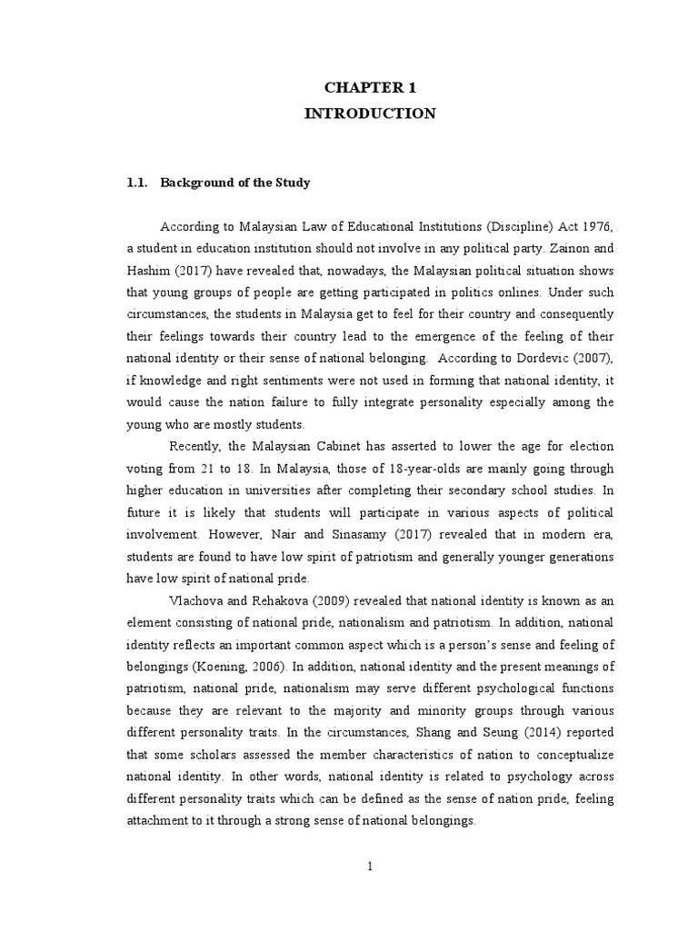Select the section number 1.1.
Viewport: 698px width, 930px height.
click(x=137, y=183)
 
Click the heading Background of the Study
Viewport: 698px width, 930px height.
click(x=235, y=183)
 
